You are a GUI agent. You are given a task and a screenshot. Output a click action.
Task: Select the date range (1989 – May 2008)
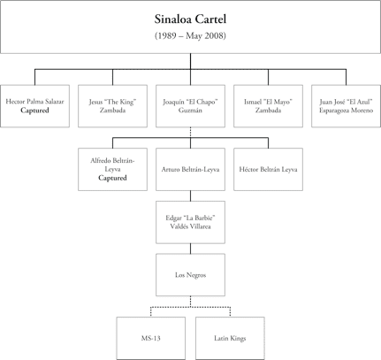(190, 36)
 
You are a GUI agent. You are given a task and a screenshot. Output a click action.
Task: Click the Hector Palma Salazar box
(34, 106)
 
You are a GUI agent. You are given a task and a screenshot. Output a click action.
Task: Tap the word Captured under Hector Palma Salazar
(34, 111)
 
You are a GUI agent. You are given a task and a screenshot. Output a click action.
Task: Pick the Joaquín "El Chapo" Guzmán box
(190, 106)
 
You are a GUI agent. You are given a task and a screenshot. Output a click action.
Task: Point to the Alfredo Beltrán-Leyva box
(112, 168)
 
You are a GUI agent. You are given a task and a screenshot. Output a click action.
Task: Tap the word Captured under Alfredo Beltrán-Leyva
(112, 178)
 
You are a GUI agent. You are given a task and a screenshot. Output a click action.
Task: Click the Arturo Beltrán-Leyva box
(190, 168)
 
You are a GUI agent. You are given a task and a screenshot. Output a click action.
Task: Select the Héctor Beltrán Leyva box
(268, 168)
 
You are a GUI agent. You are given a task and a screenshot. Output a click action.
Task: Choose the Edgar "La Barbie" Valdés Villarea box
(190, 222)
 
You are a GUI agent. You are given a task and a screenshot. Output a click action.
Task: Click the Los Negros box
(190, 274)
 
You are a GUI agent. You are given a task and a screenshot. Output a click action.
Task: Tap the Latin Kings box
(229, 337)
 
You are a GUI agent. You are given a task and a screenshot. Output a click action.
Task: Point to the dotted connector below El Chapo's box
(190, 133)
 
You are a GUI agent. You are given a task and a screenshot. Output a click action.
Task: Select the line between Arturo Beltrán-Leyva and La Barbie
(190, 195)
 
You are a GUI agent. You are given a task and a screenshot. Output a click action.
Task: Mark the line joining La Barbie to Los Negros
(190, 249)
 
